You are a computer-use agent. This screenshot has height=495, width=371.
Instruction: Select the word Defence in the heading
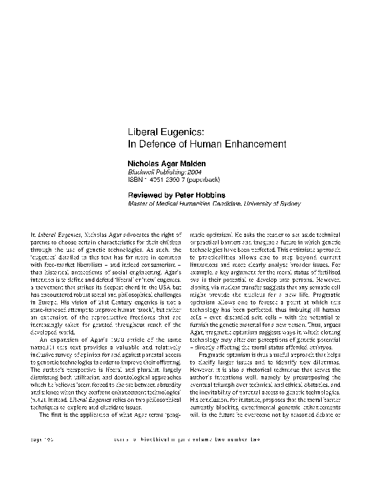157,144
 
